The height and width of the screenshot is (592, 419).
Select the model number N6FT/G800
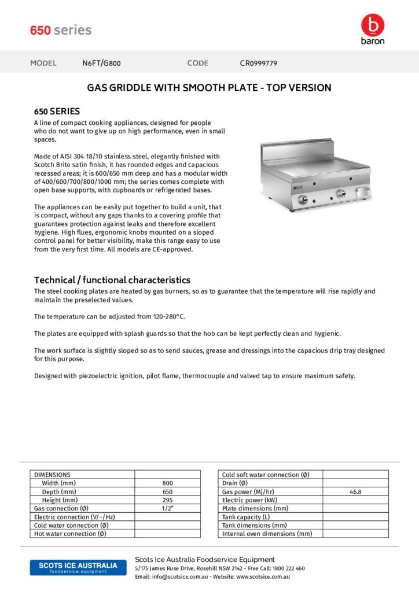(x=101, y=63)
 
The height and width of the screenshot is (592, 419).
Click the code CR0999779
(x=258, y=63)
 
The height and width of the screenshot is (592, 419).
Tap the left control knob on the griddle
(x=303, y=200)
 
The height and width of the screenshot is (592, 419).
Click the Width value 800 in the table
(x=167, y=483)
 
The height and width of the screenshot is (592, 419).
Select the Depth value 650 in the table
(x=167, y=491)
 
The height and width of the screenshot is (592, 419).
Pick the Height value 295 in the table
(x=167, y=500)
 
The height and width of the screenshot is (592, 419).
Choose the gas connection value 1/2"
(x=167, y=508)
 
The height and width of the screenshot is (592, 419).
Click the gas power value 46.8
(x=355, y=492)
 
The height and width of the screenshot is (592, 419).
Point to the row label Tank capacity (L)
(x=246, y=517)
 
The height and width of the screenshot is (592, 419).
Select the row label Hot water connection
(x=71, y=534)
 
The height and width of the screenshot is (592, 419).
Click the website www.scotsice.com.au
(x=263, y=577)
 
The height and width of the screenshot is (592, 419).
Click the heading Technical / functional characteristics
(x=112, y=280)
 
